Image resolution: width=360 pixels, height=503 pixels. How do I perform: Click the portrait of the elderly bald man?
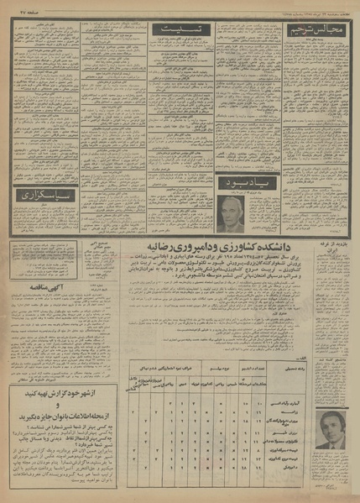[232, 213]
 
